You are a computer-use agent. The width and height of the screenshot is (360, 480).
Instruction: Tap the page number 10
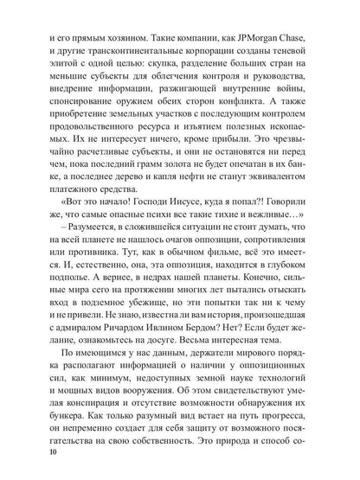click(x=42, y=472)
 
